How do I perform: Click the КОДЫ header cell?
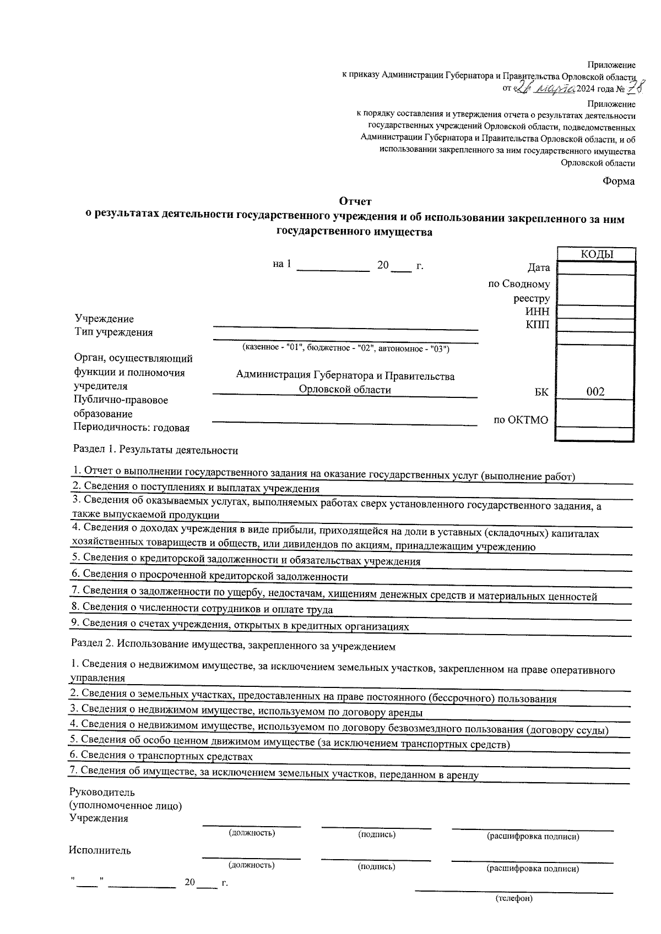click(x=597, y=254)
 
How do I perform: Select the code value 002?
click(x=595, y=392)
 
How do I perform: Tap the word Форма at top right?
click(x=618, y=181)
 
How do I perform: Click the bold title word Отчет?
click(x=355, y=201)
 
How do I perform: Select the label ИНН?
click(x=538, y=312)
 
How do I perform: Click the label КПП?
click(x=538, y=325)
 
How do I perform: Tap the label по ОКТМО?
click(x=521, y=420)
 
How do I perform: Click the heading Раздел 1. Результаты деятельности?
click(x=156, y=450)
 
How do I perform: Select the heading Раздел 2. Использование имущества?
click(x=234, y=646)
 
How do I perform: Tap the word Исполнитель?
click(x=100, y=850)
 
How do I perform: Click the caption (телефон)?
click(x=514, y=899)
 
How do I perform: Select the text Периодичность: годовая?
click(x=132, y=428)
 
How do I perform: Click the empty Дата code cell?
click(x=596, y=268)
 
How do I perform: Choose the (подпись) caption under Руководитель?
click(x=377, y=834)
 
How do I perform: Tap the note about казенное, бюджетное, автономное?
click(x=346, y=348)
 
